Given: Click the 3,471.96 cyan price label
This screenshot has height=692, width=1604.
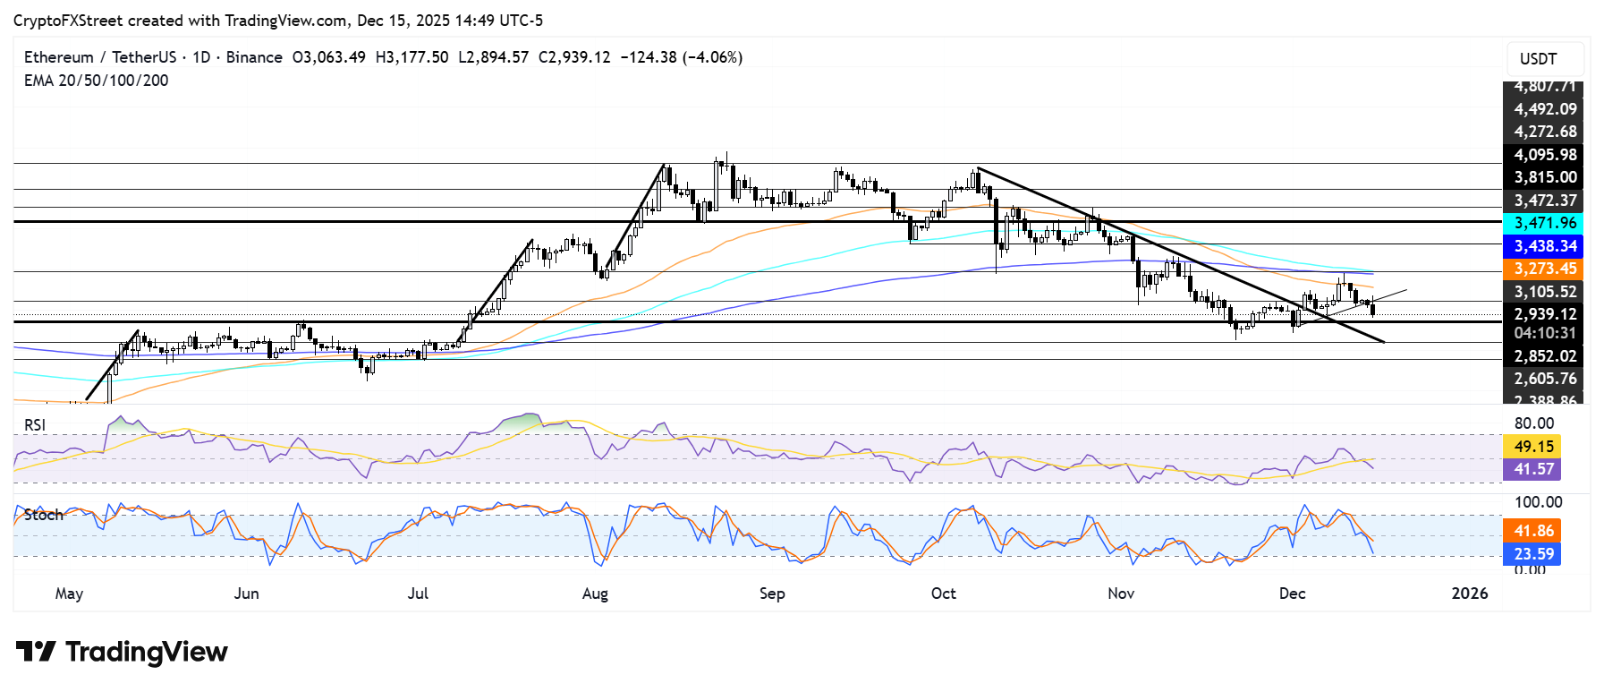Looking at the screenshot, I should pyautogui.click(x=1544, y=223).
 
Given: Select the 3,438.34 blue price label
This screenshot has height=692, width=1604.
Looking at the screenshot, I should pyautogui.click(x=1544, y=246).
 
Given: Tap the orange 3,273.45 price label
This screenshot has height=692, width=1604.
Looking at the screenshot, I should pyautogui.click(x=1544, y=269).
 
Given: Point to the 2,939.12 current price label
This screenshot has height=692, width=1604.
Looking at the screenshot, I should pyautogui.click(x=1544, y=314).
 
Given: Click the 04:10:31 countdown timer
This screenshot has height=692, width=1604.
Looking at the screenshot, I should pyautogui.click(x=1544, y=333).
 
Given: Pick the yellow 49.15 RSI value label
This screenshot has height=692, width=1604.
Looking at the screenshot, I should pyautogui.click(x=1533, y=446).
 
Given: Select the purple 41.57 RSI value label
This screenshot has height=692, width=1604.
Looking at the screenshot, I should pyautogui.click(x=1533, y=469).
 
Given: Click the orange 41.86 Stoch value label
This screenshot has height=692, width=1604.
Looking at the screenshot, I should pyautogui.click(x=1533, y=531).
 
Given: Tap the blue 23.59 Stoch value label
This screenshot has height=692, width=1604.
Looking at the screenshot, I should pyautogui.click(x=1533, y=554).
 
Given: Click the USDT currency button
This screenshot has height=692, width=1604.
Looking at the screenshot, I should pyautogui.click(x=1538, y=59).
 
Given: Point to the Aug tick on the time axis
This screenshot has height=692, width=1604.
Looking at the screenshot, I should pyautogui.click(x=595, y=594).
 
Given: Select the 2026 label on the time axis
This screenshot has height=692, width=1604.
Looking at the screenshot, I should pyautogui.click(x=1469, y=594).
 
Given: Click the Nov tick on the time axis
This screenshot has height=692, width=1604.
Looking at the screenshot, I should pyautogui.click(x=1121, y=594).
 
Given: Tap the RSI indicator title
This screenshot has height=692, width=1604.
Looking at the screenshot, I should pyautogui.click(x=35, y=425).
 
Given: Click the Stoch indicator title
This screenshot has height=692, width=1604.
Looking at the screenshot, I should pyautogui.click(x=44, y=515).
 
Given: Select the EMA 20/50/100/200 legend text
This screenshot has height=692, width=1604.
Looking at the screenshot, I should pyautogui.click(x=96, y=81).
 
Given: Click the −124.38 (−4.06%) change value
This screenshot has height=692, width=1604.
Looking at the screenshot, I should pyautogui.click(x=681, y=57).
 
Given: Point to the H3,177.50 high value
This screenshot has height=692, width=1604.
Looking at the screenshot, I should pyautogui.click(x=412, y=57).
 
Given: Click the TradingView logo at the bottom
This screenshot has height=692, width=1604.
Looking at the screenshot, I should pyautogui.click(x=122, y=652).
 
